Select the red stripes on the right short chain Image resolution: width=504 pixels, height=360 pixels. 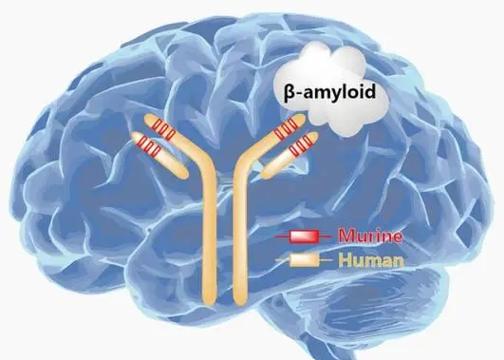pos(300,145)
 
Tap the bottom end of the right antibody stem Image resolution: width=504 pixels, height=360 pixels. pos(236,302)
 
